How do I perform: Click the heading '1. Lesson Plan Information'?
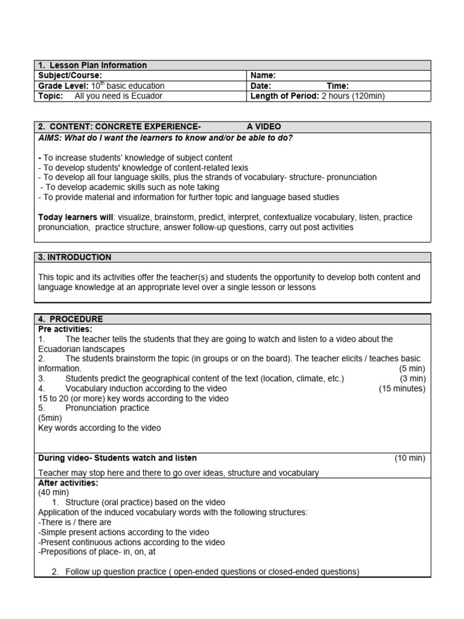point(92,65)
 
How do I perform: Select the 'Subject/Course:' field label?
point(70,76)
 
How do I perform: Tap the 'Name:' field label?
point(263,76)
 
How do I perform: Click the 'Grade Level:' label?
point(63,86)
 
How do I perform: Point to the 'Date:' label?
point(260,86)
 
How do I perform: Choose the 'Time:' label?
point(338,86)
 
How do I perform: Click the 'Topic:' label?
point(51,96)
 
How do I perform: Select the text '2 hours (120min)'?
point(353,96)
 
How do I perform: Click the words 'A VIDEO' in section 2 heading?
point(264,126)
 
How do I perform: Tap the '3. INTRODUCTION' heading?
point(75,257)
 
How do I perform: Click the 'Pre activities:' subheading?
point(65,329)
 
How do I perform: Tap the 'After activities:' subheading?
point(68,483)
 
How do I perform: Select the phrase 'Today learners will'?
point(77,217)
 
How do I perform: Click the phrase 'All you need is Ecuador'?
point(118,96)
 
